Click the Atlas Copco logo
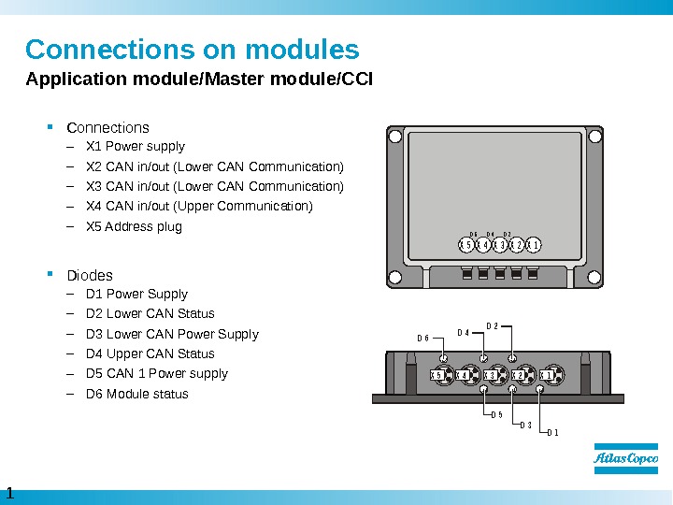[625, 459]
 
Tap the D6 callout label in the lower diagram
[422, 339]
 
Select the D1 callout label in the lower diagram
[551, 432]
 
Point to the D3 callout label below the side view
[525, 425]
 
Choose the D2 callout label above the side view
[493, 325]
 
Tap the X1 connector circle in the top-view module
[534, 245]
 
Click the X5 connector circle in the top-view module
[465, 245]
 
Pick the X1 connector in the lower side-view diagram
[550, 376]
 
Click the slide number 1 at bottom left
[9, 493]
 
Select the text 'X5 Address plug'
[134, 226]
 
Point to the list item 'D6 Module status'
[136, 394]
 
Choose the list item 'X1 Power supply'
[135, 146]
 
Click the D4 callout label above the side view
[463, 333]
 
